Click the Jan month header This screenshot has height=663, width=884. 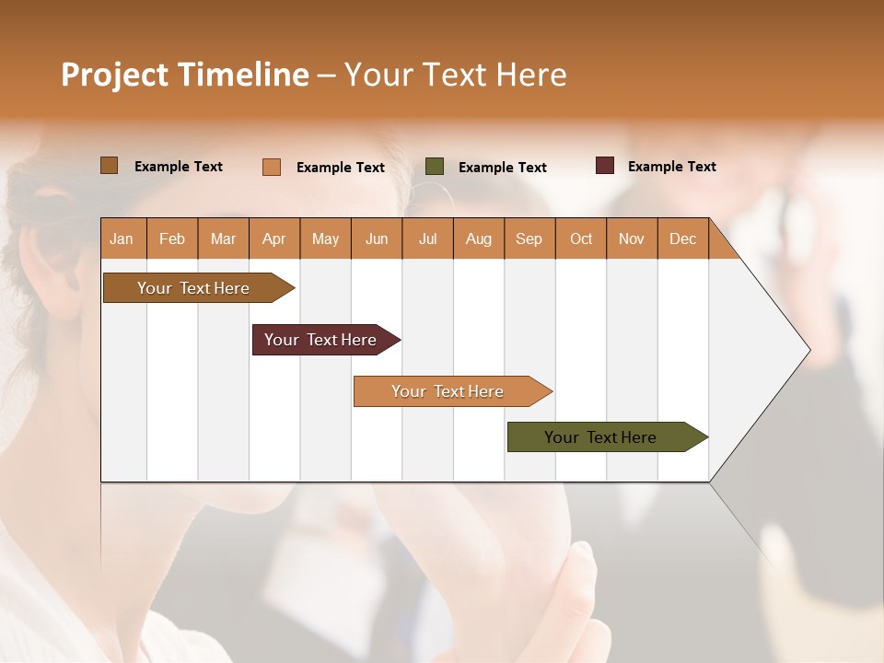(x=122, y=238)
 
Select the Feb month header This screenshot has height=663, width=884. (x=172, y=238)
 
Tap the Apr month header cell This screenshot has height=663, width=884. (x=274, y=238)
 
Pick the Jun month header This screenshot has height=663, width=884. (x=377, y=238)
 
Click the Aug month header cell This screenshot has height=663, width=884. (x=479, y=238)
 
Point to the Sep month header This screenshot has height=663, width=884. (x=529, y=238)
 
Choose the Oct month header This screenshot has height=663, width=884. (x=581, y=238)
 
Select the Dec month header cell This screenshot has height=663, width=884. (x=683, y=238)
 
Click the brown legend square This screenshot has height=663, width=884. (x=110, y=166)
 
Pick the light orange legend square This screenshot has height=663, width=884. (x=272, y=167)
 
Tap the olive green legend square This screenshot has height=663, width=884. (x=435, y=167)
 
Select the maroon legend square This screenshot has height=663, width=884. (x=605, y=166)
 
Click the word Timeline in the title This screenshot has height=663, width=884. (x=242, y=75)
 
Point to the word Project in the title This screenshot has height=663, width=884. (x=114, y=75)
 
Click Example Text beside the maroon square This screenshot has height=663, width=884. (x=671, y=167)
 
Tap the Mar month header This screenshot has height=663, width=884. (x=223, y=238)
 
